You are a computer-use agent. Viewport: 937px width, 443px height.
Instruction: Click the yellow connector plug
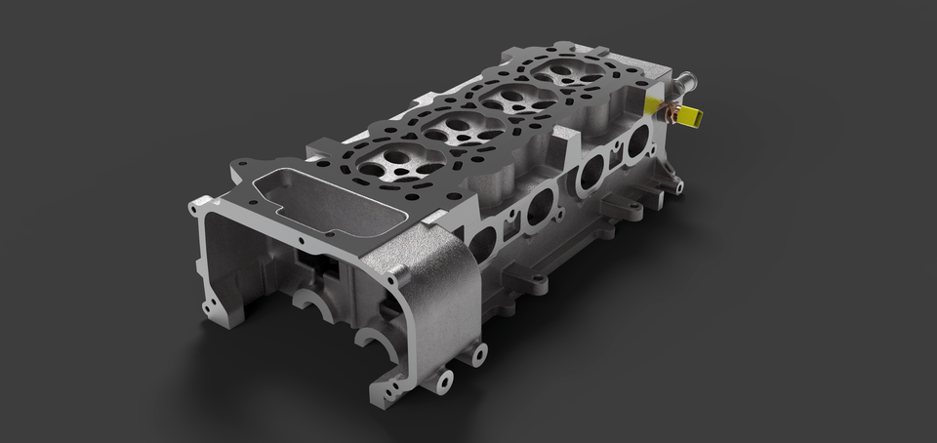[x=688, y=116]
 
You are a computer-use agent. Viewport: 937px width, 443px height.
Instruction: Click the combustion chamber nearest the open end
[x=388, y=160]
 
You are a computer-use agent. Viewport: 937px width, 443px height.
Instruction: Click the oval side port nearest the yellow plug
[x=638, y=142]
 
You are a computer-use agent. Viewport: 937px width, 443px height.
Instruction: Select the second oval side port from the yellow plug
[x=591, y=173]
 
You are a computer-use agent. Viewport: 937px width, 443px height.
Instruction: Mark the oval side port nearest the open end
[x=482, y=241]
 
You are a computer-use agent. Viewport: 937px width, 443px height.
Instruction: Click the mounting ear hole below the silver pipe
[x=676, y=182]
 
